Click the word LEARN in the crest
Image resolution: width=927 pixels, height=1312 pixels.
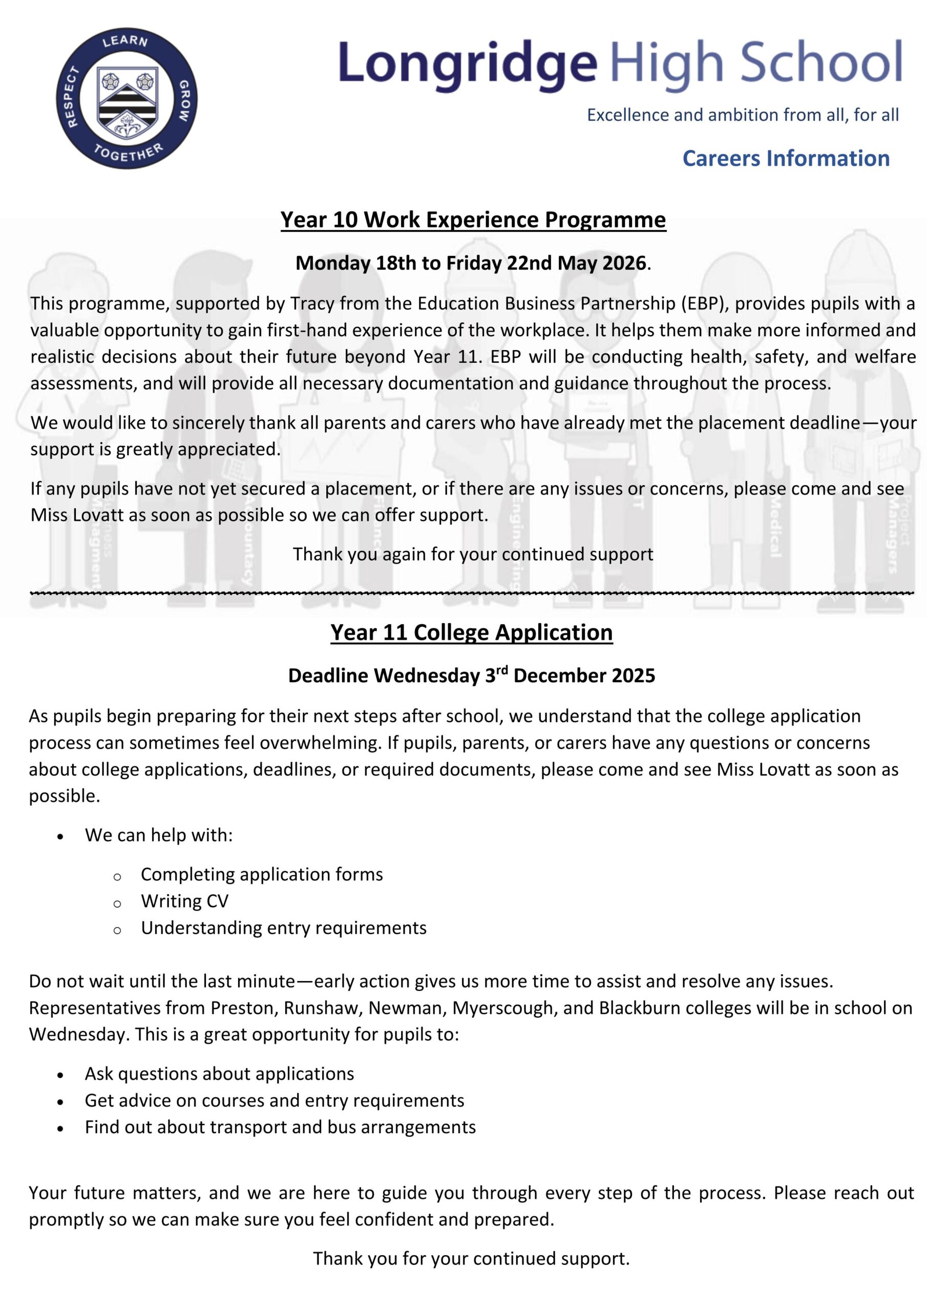pyautogui.click(x=125, y=41)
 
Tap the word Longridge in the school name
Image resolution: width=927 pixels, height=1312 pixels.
pyautogui.click(x=467, y=64)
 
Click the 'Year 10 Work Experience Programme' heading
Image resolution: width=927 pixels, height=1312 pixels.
pyautogui.click(x=473, y=220)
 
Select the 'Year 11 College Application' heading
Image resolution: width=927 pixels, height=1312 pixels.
pyautogui.click(x=471, y=632)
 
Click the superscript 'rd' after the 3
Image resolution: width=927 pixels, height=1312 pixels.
pyautogui.click(x=501, y=670)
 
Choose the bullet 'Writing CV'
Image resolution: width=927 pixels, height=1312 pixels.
pyautogui.click(x=184, y=901)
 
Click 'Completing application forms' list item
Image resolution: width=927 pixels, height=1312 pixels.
pyautogui.click(x=262, y=874)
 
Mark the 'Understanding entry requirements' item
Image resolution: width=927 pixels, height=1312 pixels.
pyautogui.click(x=283, y=928)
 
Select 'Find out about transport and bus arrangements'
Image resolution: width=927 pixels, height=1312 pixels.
pyautogui.click(x=280, y=1127)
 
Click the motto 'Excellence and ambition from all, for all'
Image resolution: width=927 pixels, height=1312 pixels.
pyautogui.click(x=743, y=115)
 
